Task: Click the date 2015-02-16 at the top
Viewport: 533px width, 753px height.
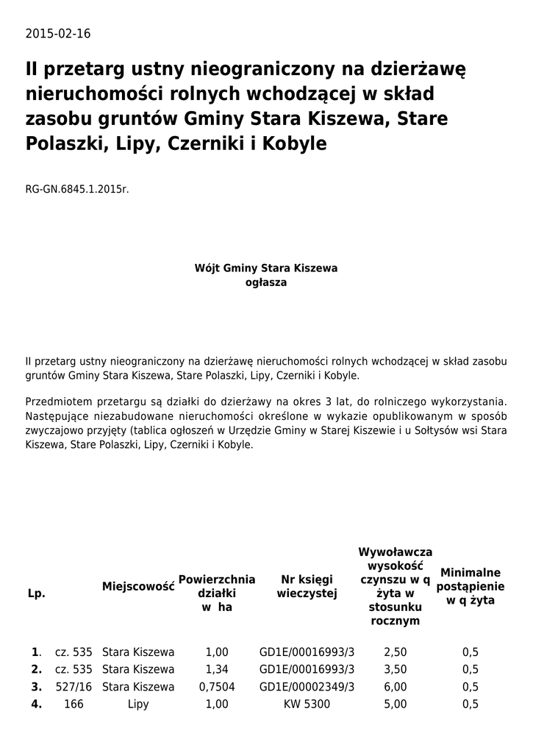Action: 58,35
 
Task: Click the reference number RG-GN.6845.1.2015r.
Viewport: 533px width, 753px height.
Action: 77,189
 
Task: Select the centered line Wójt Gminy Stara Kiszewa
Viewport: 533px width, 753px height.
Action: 265,268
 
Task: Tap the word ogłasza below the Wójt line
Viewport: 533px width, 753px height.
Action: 265,282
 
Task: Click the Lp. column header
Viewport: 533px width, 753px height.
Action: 37,593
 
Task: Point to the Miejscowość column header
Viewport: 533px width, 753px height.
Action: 138,586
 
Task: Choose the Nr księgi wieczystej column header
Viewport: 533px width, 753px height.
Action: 307,587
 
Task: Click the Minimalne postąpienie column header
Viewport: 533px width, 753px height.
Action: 471,586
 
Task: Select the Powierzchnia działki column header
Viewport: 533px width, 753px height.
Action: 217,593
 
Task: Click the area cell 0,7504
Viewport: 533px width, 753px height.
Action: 217,687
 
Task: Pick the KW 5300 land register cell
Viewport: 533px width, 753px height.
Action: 307,704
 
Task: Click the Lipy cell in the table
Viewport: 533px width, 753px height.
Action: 138,704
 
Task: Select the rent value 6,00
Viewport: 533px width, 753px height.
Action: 396,687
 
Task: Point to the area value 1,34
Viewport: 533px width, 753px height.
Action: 217,669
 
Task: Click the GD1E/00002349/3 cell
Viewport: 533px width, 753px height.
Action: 307,687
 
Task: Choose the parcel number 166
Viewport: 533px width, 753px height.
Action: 74,704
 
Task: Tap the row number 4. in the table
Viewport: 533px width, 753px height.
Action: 37,704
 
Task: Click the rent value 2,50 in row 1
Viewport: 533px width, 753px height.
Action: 396,652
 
